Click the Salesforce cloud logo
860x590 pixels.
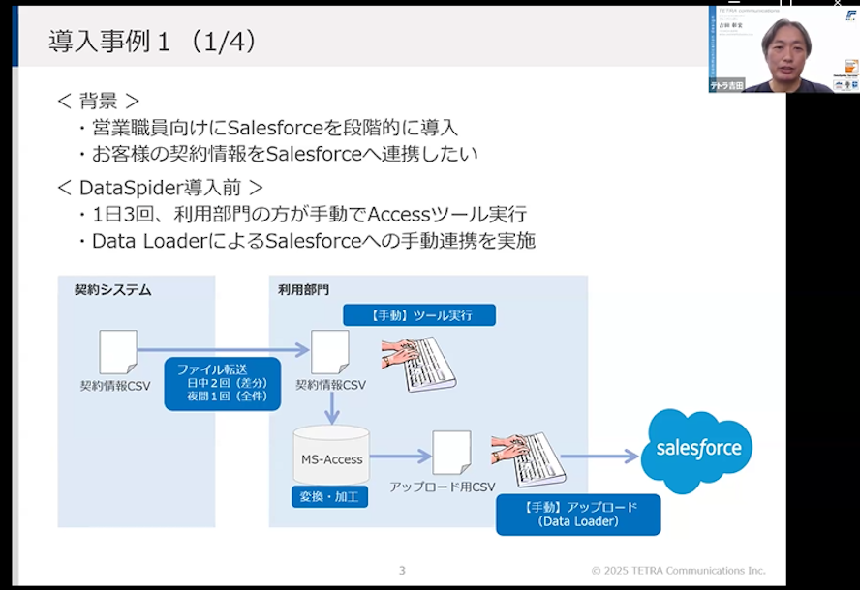coord(698,449)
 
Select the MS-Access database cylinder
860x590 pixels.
coord(331,455)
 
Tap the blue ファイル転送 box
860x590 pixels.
coord(222,383)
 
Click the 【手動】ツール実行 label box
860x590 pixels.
coord(419,315)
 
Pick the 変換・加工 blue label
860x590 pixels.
coord(330,497)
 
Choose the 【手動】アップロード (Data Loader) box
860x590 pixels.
coord(578,515)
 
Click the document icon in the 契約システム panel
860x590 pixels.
coord(118,352)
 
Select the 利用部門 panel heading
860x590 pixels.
coord(304,289)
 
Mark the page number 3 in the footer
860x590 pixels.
coord(402,570)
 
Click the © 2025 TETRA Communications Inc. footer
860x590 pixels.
coord(678,570)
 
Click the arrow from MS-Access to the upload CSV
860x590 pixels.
coord(400,456)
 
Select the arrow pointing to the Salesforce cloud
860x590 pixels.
coord(599,456)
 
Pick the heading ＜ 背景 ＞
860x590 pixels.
coord(98,101)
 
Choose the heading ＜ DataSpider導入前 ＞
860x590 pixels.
coord(160,187)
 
